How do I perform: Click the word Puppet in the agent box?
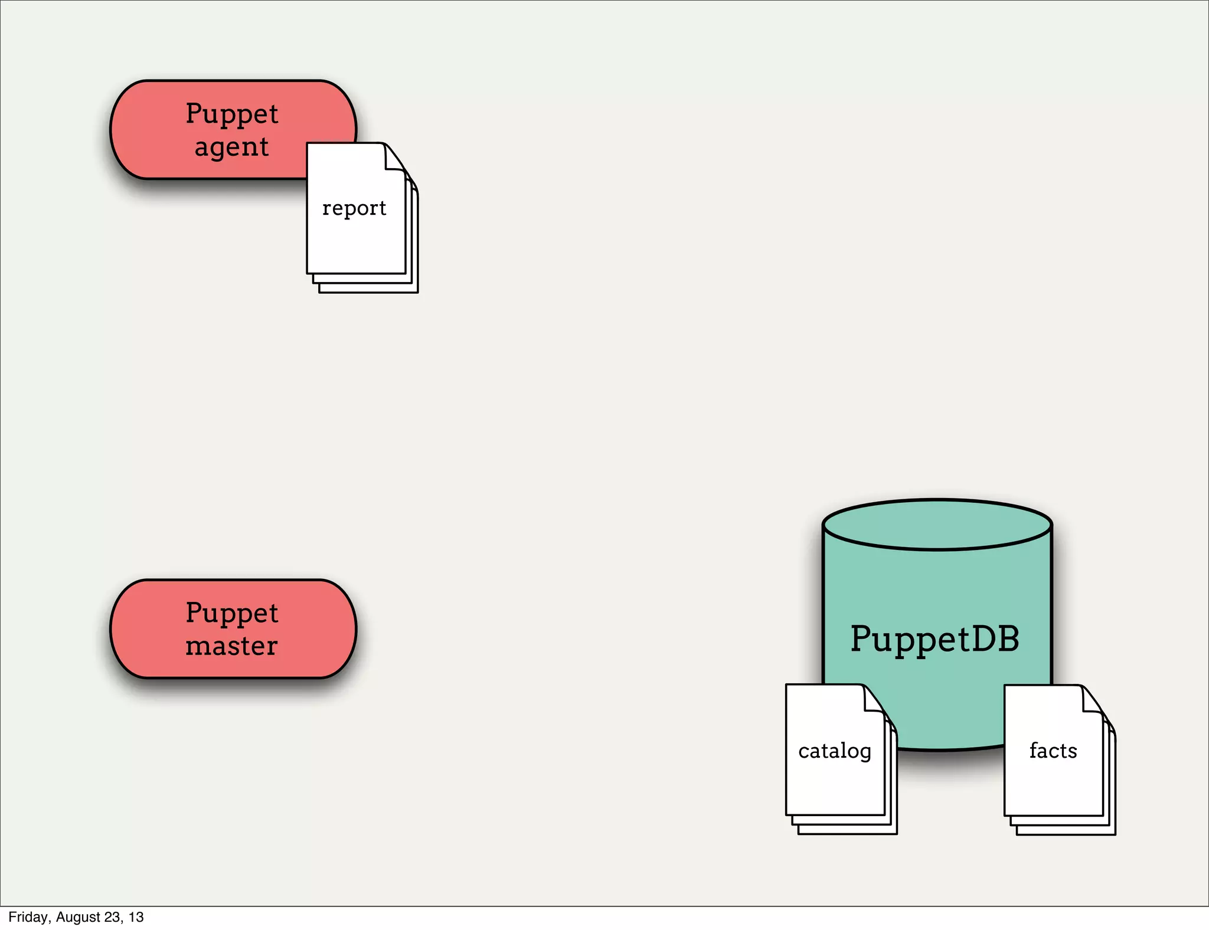[231, 113]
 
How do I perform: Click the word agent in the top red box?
[231, 147]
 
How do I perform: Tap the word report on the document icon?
[354, 208]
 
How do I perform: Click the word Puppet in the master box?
[231, 613]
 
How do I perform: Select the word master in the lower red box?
[231, 646]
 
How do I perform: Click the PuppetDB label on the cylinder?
[934, 638]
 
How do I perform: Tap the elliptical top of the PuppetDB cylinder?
[937, 525]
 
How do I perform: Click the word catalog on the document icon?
[834, 751]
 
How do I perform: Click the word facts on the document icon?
[1053, 751]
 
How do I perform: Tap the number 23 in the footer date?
[112, 917]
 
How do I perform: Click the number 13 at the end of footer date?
[136, 917]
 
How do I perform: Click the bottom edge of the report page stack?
[368, 292]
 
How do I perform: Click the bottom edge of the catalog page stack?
[847, 833]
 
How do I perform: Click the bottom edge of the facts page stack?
[1066, 834]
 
